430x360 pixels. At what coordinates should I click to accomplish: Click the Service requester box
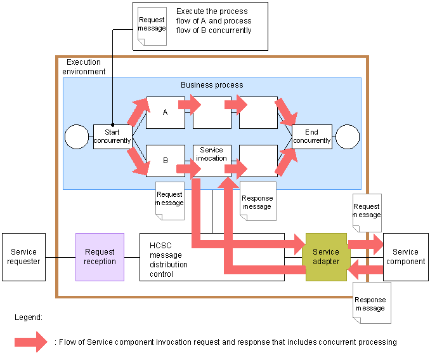click(x=23, y=257)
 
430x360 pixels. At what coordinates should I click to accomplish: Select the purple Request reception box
click(x=100, y=257)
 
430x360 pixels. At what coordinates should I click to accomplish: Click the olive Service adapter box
click(x=326, y=257)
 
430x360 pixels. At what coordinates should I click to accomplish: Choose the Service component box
click(x=405, y=257)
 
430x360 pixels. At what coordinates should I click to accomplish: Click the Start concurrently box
click(x=112, y=137)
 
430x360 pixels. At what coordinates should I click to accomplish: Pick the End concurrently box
click(x=311, y=137)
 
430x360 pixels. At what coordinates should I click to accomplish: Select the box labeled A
click(x=165, y=112)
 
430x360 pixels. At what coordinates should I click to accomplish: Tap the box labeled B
click(x=165, y=161)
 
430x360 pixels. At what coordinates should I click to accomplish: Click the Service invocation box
click(x=212, y=155)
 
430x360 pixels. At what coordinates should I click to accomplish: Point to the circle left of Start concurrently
click(x=77, y=137)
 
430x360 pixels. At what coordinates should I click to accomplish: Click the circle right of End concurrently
click(x=348, y=137)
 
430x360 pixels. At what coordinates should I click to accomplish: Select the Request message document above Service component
click(x=366, y=212)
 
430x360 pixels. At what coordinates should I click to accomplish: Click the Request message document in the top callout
click(x=152, y=25)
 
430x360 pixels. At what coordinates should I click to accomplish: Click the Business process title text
click(x=212, y=84)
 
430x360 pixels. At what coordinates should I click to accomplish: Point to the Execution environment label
click(x=86, y=67)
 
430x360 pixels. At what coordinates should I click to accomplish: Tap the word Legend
click(x=29, y=316)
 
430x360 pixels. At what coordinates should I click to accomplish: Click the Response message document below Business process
click(x=256, y=202)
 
